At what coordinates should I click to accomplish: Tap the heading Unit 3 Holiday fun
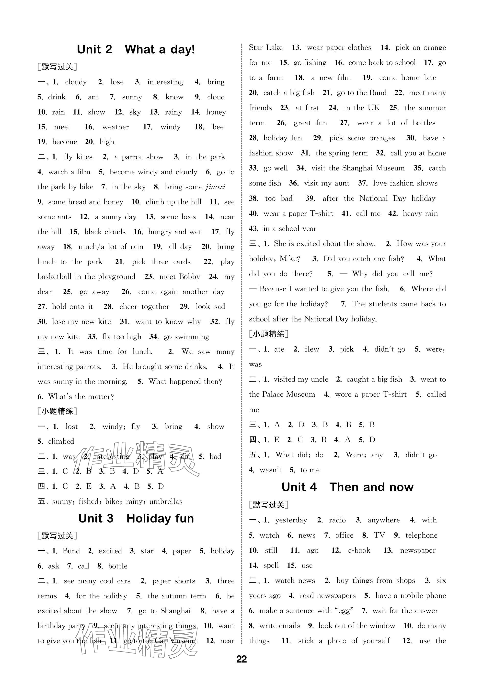tap(136, 518)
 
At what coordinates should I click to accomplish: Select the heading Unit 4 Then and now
tap(347, 487)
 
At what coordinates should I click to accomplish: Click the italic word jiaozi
tap(215, 187)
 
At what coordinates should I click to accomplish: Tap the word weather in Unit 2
tap(115, 127)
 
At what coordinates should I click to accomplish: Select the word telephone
tap(421, 535)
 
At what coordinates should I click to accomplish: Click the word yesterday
tap(291, 520)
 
